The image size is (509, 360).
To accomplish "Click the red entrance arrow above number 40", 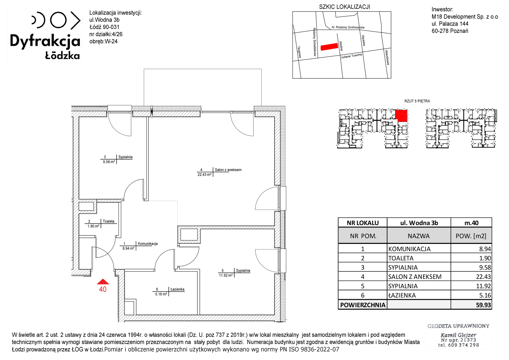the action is (x=103, y=282).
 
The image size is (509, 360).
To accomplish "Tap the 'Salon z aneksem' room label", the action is (x=228, y=170).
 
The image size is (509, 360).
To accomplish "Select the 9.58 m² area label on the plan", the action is (x=109, y=162).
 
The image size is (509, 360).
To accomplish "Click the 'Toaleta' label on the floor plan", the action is (x=108, y=221).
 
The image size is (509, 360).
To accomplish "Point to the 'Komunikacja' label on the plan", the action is (x=148, y=244).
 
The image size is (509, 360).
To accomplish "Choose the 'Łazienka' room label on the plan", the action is (x=177, y=289).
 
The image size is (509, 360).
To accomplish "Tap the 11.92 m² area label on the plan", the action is (x=226, y=275).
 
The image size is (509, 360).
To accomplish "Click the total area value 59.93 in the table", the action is (x=483, y=305).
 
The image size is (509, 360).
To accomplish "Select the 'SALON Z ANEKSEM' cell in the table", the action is (x=415, y=277).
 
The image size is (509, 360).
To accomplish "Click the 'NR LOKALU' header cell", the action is (x=363, y=223).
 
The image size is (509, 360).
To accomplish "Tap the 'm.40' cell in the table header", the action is (x=471, y=223).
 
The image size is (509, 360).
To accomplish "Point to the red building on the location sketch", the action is (x=329, y=47).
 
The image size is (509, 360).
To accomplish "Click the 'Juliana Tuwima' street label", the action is (x=351, y=56).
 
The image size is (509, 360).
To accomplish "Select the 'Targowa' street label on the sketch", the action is (x=299, y=52).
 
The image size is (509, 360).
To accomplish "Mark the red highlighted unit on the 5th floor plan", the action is (x=401, y=116).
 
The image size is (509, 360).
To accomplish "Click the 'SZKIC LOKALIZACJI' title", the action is (x=345, y=7).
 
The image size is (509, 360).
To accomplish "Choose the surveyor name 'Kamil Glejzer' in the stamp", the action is (x=458, y=335).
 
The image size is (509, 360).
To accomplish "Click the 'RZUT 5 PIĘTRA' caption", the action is (x=417, y=101).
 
